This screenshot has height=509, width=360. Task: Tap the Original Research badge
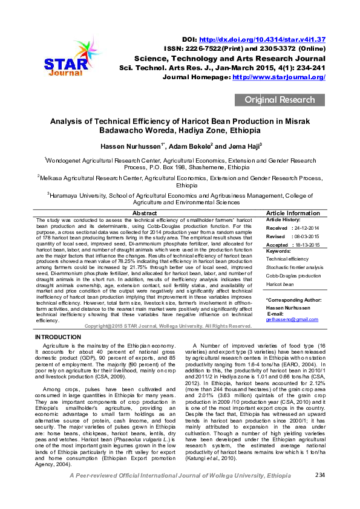pos(280,100)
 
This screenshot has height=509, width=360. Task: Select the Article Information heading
pos(293,213)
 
